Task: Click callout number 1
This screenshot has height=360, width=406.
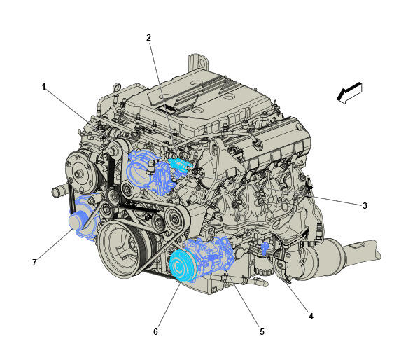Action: [44, 87]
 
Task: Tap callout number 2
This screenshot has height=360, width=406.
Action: [148, 38]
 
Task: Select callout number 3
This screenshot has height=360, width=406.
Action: [365, 206]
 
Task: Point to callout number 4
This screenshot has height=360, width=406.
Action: [311, 317]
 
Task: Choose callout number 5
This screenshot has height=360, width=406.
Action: [262, 331]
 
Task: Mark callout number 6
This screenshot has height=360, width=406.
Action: [155, 331]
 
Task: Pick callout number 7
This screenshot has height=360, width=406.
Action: [34, 263]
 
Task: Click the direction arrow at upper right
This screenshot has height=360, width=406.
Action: [349, 93]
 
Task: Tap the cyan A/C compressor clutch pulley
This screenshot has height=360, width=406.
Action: [182, 266]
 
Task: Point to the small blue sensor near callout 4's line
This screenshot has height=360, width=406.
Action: [264, 249]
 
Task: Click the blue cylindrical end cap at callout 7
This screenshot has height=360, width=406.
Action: [77, 221]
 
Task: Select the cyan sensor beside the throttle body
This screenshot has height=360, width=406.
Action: [181, 164]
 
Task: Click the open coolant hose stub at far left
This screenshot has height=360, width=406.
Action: [58, 191]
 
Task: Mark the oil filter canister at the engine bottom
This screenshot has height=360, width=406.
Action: [262, 270]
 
